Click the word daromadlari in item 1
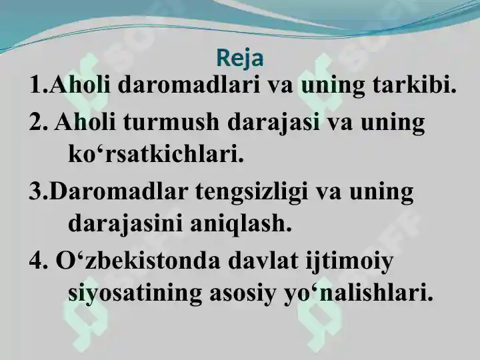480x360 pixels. (x=189, y=85)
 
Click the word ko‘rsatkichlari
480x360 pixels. (x=155, y=155)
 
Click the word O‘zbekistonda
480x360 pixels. (x=138, y=261)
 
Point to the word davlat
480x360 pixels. (x=263, y=261)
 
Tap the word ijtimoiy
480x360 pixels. (x=349, y=263)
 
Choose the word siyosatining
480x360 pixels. (x=135, y=293)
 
